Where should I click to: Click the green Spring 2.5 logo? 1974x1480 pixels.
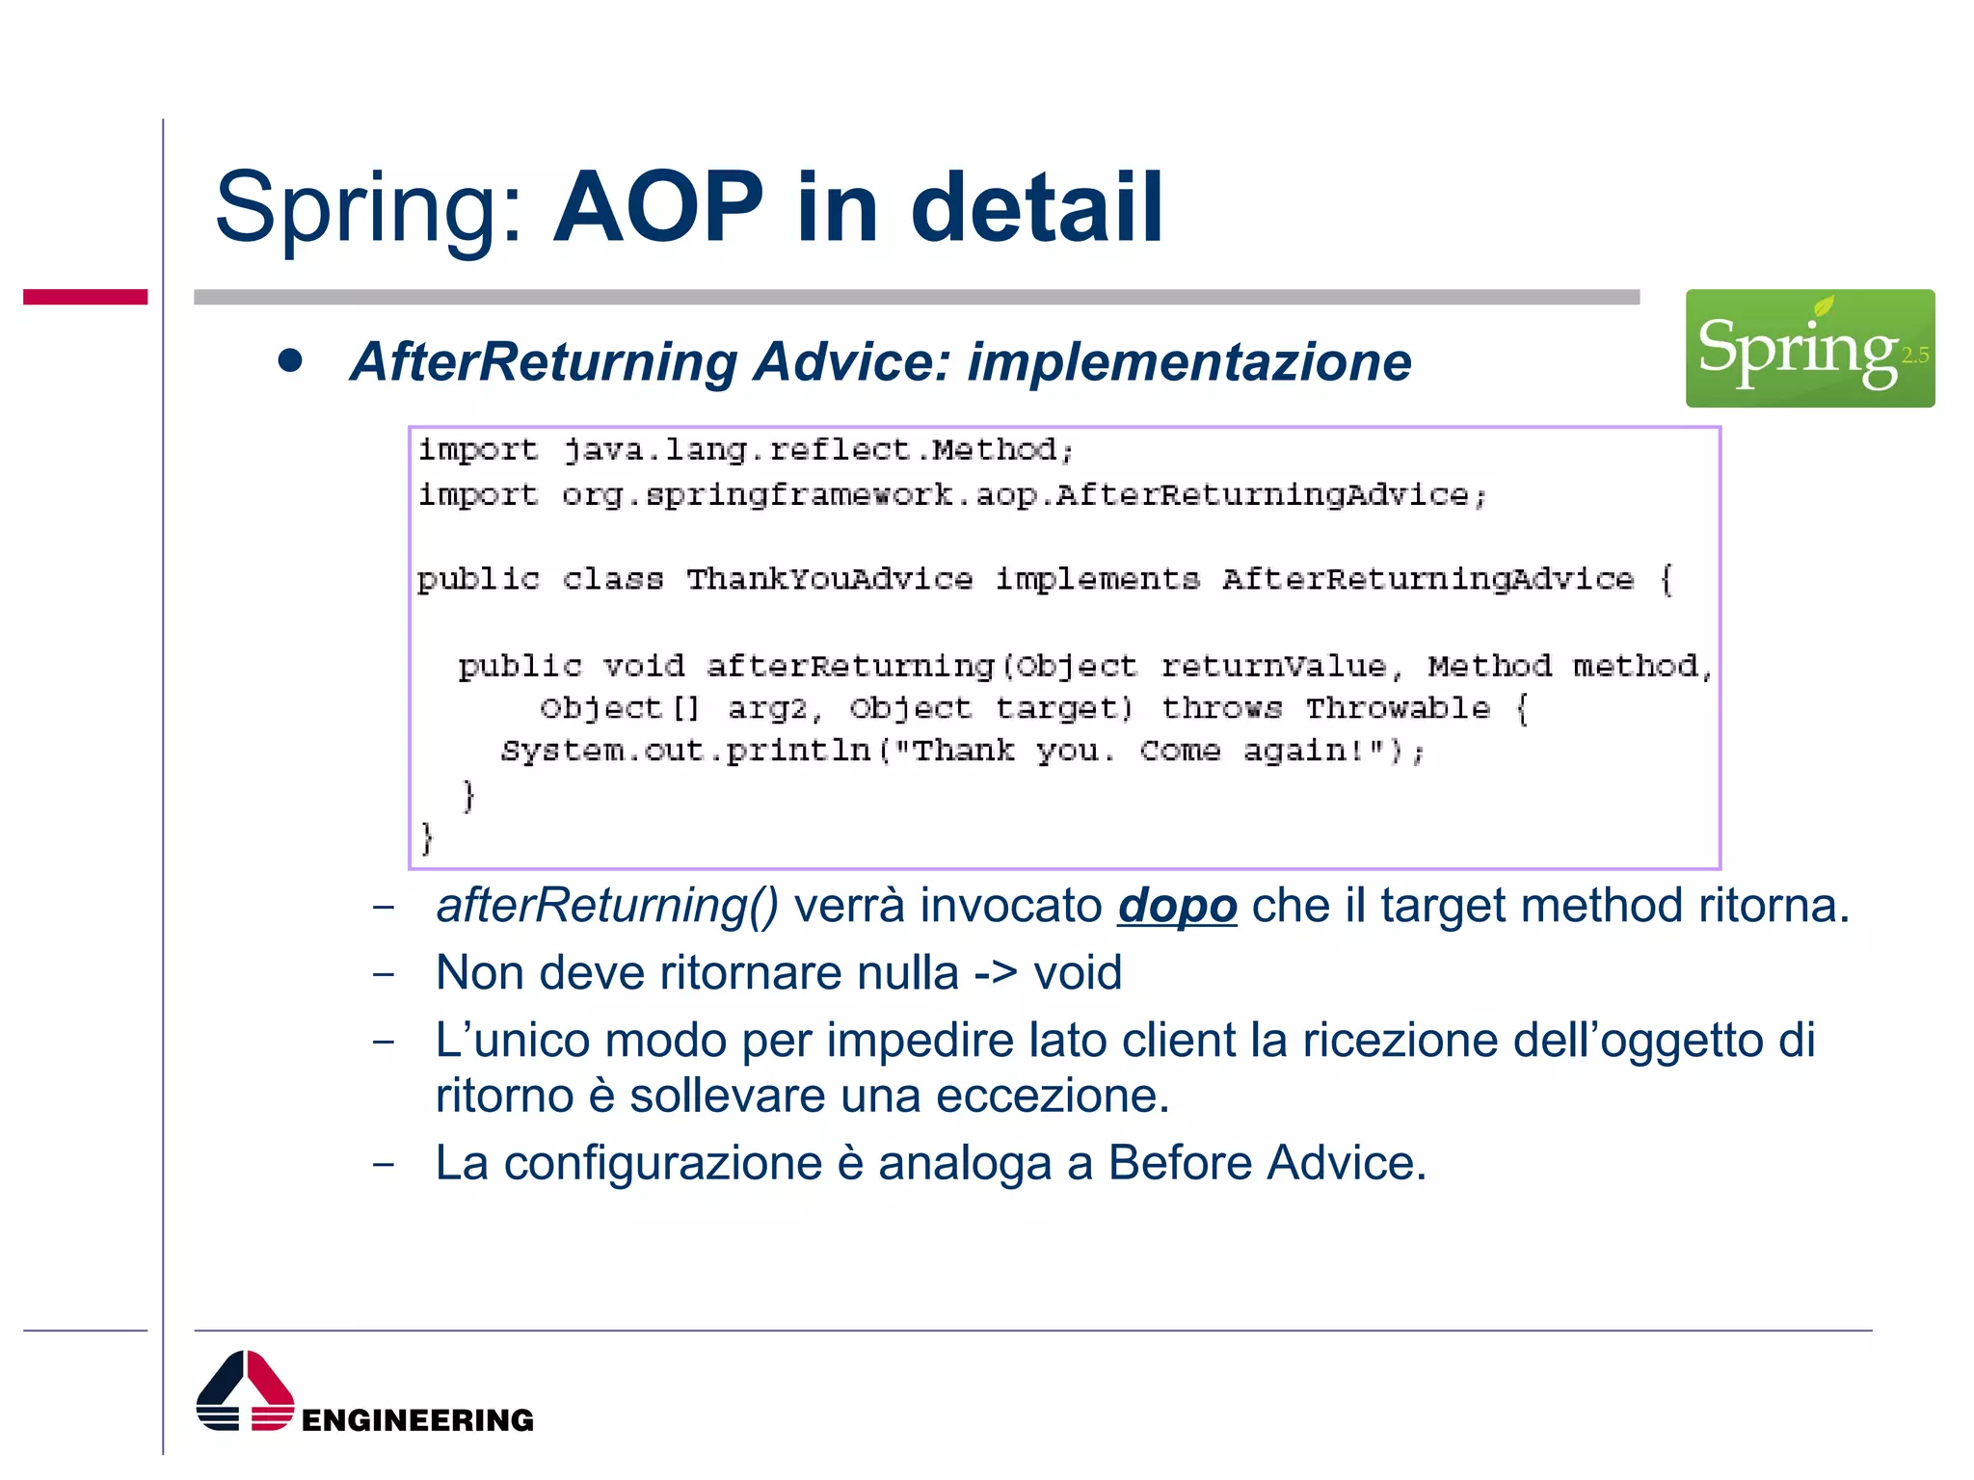tap(1809, 348)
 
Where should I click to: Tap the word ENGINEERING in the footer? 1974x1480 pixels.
tap(417, 1420)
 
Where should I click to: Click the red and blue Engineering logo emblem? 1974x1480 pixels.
tap(245, 1391)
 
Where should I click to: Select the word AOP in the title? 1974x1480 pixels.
tap(658, 207)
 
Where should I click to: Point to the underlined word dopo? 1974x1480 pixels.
tap(1177, 906)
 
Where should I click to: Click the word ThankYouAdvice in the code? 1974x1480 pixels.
tap(829, 579)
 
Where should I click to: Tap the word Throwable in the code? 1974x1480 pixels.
tap(1398, 708)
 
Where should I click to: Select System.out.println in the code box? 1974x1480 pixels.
tap(685, 751)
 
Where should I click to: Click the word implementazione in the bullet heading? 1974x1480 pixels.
tap(1189, 362)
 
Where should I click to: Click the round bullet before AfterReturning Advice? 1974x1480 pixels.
tap(290, 361)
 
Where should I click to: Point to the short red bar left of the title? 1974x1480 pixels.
tap(86, 297)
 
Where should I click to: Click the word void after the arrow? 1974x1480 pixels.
tap(1078, 972)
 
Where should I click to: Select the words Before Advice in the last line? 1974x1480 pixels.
tap(1266, 1163)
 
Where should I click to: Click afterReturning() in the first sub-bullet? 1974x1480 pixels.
tap(607, 906)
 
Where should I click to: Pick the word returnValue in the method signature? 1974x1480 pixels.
tap(1273, 666)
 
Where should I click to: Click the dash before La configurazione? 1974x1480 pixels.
tap(384, 1164)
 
